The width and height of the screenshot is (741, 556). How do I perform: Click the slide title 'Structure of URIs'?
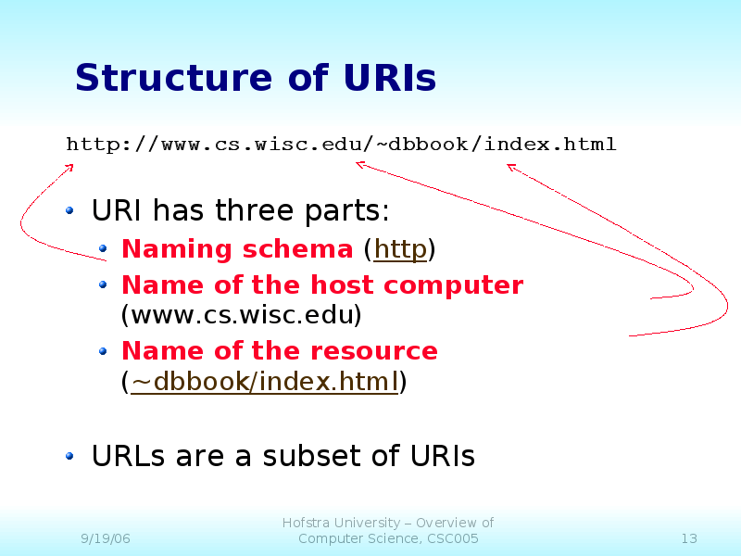[255, 78]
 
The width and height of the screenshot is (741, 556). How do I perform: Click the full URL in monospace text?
[341, 145]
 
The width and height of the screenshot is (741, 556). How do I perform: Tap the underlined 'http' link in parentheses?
[400, 249]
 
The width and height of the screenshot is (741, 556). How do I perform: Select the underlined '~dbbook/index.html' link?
[264, 381]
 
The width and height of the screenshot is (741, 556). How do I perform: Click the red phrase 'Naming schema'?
[236, 249]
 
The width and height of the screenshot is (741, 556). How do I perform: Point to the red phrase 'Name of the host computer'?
[321, 284]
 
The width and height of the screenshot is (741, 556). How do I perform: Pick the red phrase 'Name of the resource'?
[279, 351]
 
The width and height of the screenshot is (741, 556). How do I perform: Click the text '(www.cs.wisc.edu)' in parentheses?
[241, 315]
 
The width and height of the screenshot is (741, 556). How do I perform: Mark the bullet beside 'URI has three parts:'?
[71, 212]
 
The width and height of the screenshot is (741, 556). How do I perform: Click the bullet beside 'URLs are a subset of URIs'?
[71, 456]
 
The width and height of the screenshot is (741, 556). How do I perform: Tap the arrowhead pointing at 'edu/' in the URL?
[358, 165]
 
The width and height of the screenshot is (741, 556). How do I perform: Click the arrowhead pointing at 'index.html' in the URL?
[509, 167]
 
